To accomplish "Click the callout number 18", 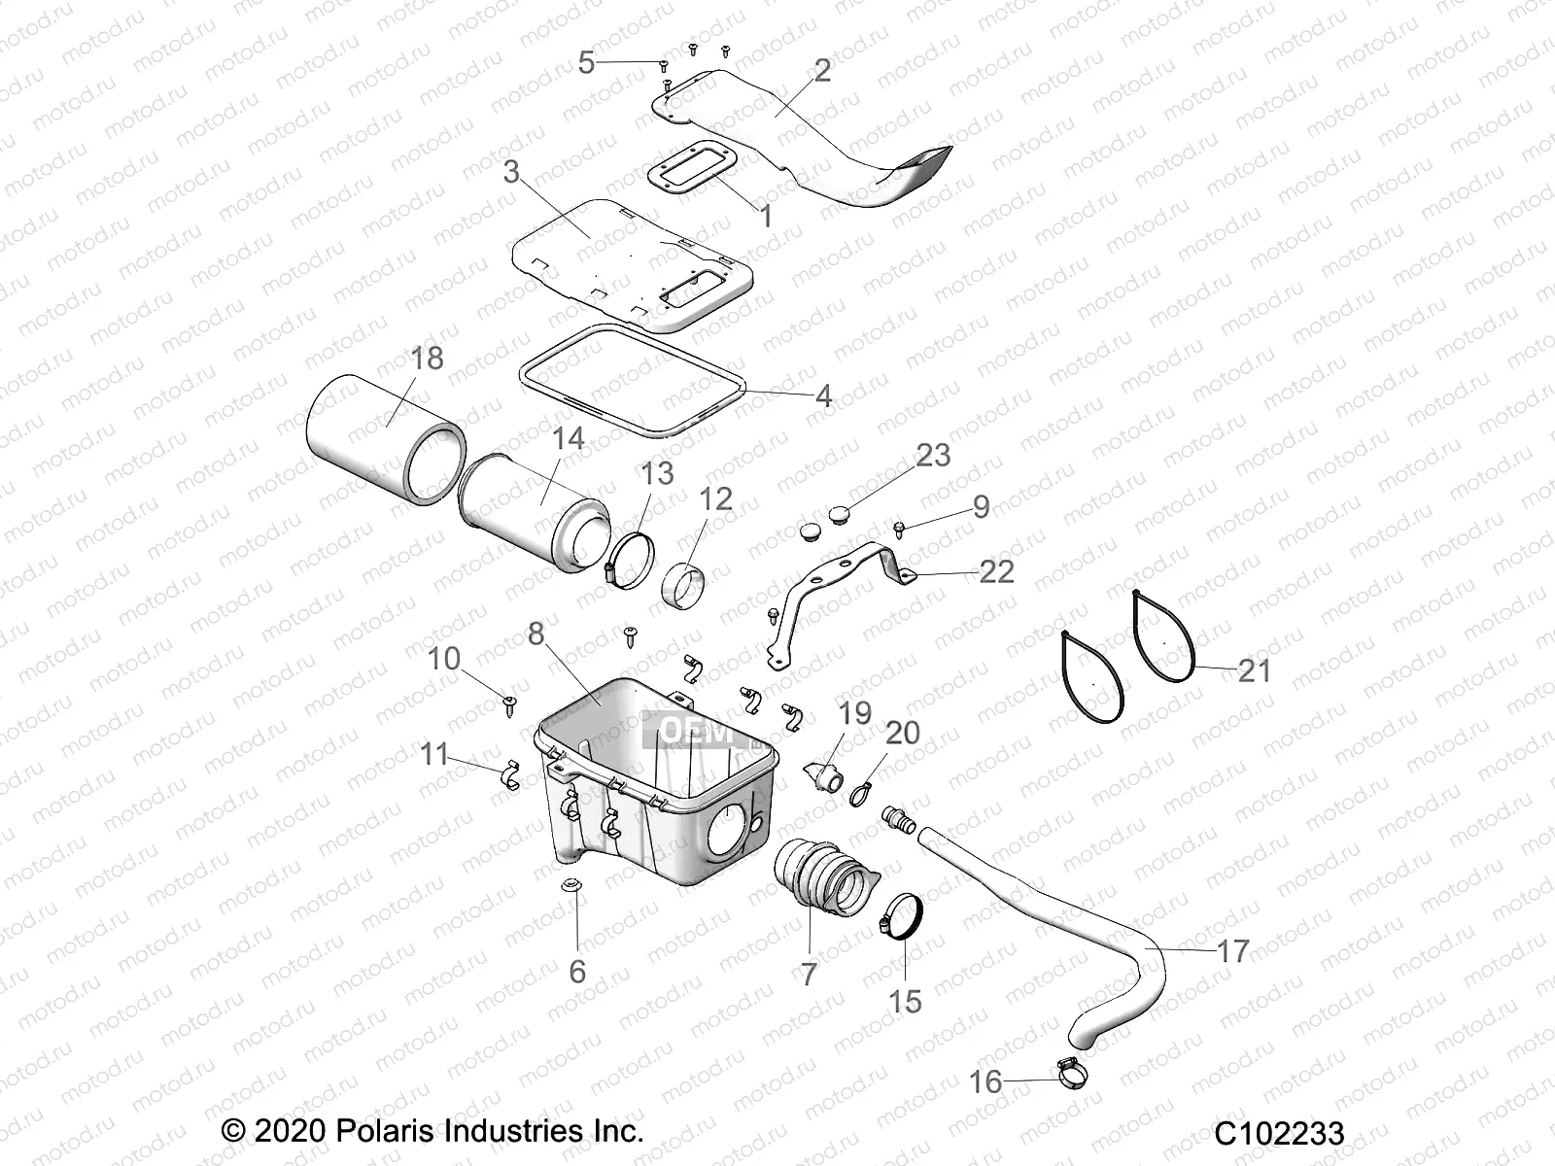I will click(426, 358).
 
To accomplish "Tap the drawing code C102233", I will click(1278, 1134).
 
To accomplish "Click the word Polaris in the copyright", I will click(383, 1131).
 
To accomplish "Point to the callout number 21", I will click(1253, 670).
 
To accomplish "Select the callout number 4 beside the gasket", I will click(823, 395).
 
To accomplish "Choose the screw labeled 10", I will click(509, 702).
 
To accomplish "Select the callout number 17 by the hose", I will click(1232, 950).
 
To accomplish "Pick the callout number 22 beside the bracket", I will click(996, 570).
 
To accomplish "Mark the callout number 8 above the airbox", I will click(536, 634).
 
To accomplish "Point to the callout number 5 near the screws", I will click(586, 64).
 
